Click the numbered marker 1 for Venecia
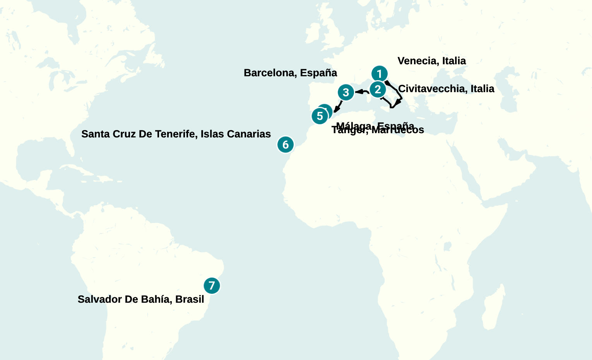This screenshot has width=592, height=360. click(379, 74)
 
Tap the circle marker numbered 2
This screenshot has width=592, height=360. click(378, 89)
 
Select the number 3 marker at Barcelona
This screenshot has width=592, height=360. click(346, 92)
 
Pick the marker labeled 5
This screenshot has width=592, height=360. click(319, 116)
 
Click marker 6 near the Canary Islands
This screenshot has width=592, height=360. click(286, 144)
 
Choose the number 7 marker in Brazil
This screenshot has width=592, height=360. click(212, 286)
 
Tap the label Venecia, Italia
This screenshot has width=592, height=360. click(431, 61)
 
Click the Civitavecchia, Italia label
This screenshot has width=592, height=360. click(446, 89)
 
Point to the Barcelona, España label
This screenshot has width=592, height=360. click(290, 73)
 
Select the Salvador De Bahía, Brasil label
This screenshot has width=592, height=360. click(141, 299)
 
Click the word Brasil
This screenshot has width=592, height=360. click(190, 299)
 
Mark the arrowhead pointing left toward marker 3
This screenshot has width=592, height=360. click(358, 92)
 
